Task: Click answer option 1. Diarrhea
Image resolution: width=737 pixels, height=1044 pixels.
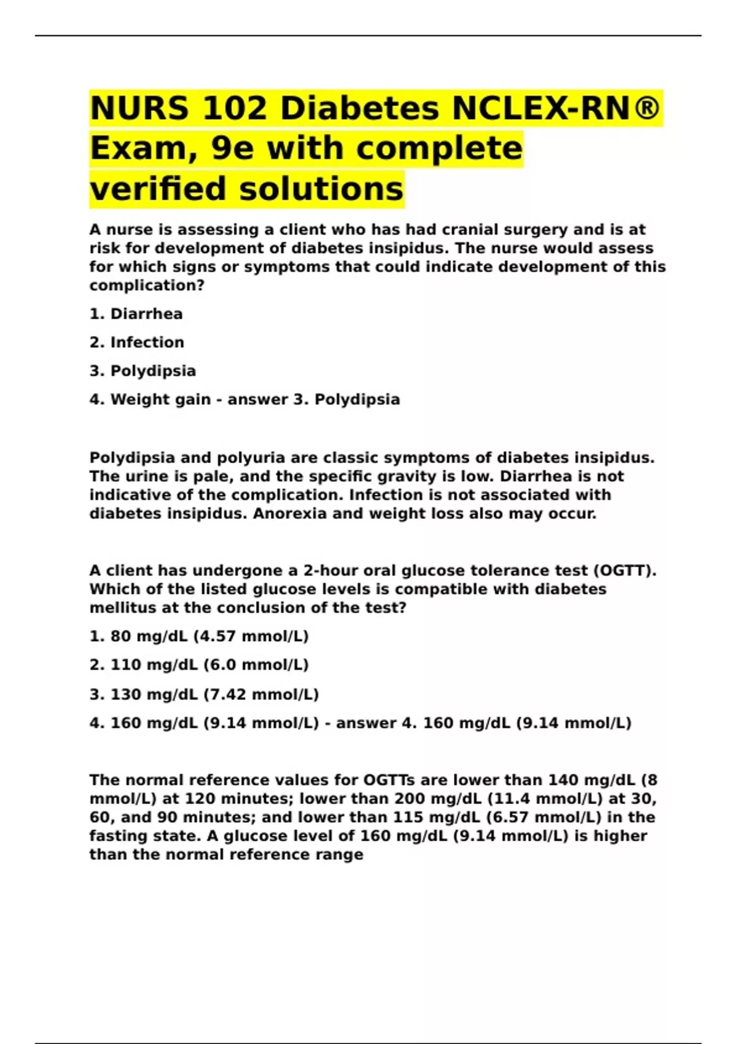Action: pos(136,314)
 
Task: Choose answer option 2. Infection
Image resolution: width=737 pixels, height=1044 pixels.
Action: pos(137,342)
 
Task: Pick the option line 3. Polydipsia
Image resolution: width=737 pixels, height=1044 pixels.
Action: pos(142,371)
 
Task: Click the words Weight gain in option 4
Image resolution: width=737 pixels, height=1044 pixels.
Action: pos(160,399)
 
